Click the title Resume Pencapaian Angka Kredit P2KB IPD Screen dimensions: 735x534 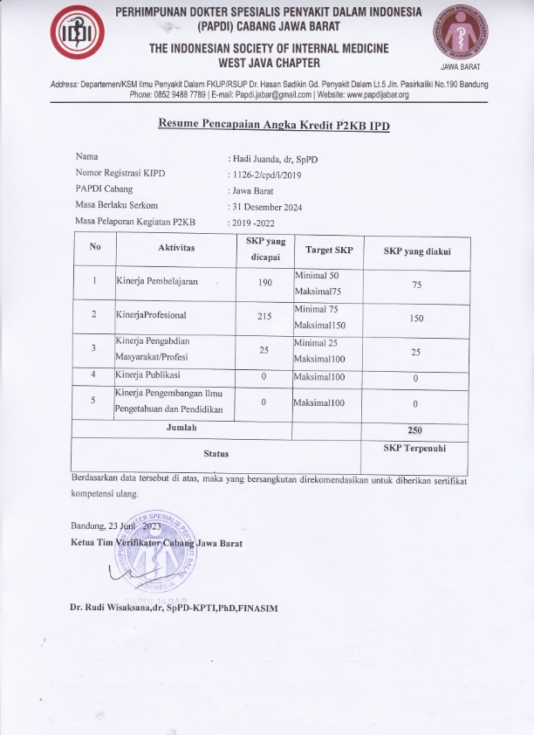click(x=273, y=126)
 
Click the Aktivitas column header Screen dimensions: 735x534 click(x=177, y=250)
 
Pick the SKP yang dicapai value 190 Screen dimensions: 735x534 click(x=266, y=284)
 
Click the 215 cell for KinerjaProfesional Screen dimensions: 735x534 click(x=266, y=317)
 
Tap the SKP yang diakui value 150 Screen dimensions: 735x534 click(x=416, y=319)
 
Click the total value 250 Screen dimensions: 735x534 click(x=415, y=430)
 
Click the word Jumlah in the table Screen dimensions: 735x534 click(x=181, y=428)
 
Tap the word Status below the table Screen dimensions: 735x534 click(x=216, y=454)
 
